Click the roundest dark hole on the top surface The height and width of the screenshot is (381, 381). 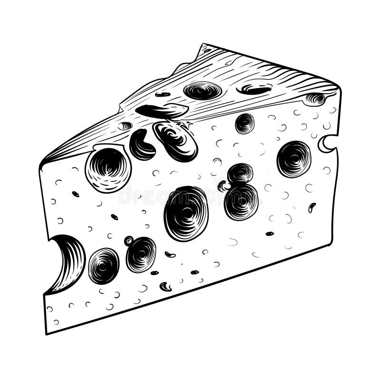pyautogui.click(x=202, y=90)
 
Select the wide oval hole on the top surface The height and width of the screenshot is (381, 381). pyautogui.click(x=254, y=89)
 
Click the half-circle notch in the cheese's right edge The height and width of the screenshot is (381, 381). pyautogui.click(x=328, y=144)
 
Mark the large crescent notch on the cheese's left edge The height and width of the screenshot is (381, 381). pyautogui.click(x=67, y=261)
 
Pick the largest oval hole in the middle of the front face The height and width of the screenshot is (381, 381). pyautogui.click(x=186, y=213)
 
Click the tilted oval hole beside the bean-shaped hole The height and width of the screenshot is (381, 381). pyautogui.click(x=175, y=140)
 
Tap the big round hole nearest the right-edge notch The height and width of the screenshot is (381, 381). pyautogui.click(x=293, y=159)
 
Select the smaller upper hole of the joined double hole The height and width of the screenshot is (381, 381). pyautogui.click(x=240, y=174)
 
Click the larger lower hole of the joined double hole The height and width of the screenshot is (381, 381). pyautogui.click(x=241, y=201)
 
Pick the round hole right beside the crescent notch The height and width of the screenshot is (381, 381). pyautogui.click(x=103, y=266)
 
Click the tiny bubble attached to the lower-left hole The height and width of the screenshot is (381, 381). pyautogui.click(x=129, y=241)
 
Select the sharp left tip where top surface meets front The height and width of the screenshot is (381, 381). pyautogui.click(x=41, y=164)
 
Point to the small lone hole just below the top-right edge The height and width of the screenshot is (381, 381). pyautogui.click(x=244, y=123)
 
